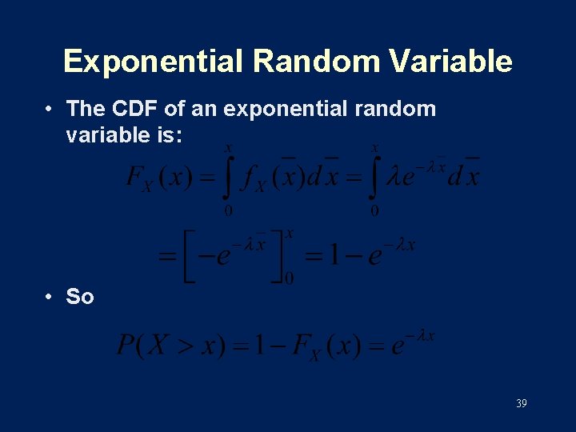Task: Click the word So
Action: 80,297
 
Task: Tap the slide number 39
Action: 521,404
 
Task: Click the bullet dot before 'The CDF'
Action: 50,109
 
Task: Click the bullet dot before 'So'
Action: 50,297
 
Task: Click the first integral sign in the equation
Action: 228,178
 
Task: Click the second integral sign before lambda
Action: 373,178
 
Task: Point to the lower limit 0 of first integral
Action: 228,211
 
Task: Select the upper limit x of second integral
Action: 375,147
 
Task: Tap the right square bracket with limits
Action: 279,255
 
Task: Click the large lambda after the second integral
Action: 394,178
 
